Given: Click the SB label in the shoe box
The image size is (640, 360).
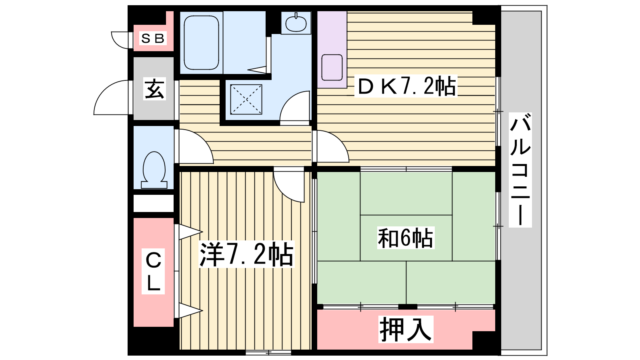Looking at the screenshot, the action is click(153, 38).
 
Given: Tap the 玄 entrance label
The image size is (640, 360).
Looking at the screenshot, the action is click(154, 89).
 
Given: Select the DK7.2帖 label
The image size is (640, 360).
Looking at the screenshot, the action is click(406, 86).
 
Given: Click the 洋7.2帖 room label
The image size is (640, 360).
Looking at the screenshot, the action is click(246, 254).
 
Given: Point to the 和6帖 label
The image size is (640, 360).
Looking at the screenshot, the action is click(406, 238).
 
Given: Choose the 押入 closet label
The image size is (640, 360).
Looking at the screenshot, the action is click(406, 329).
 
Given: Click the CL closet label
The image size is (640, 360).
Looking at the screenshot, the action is click(153, 272).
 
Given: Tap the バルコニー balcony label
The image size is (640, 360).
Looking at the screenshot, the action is click(520, 170).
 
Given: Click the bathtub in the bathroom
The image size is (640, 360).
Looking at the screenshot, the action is click(202, 42).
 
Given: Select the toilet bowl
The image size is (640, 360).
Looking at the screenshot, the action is click(154, 170).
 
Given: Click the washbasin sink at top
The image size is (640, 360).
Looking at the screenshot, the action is click(296, 23).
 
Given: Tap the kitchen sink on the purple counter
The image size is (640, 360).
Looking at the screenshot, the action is click(332, 68).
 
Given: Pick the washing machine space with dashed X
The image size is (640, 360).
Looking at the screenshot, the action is click(246, 100).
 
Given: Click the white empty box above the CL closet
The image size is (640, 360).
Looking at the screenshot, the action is click(154, 204).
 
